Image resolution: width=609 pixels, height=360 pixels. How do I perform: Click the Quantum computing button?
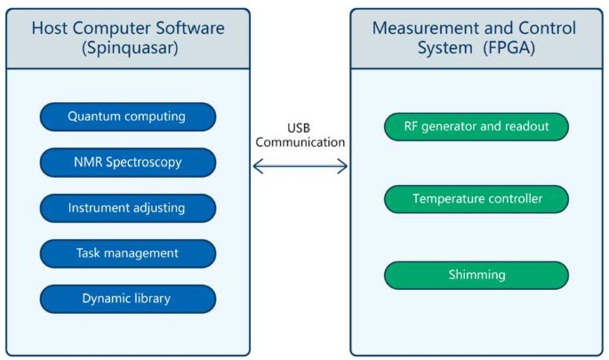127,116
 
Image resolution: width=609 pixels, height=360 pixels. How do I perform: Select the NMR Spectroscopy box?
127,163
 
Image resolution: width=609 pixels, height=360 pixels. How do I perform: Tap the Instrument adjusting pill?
127,209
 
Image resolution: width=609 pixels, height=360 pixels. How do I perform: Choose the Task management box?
127,253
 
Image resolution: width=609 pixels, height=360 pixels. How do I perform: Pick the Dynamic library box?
127,299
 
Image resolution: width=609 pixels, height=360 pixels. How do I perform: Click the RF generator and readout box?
476,126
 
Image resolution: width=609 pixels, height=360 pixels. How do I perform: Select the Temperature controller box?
476,199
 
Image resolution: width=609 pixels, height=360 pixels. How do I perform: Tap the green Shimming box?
476,276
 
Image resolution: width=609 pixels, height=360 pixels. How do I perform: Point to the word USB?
299,126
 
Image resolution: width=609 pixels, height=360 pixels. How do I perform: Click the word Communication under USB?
300,141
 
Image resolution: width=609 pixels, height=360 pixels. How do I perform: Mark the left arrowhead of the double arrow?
258,166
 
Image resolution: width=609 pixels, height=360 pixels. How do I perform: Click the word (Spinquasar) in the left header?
127,48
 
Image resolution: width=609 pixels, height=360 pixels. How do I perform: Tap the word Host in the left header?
50,28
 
